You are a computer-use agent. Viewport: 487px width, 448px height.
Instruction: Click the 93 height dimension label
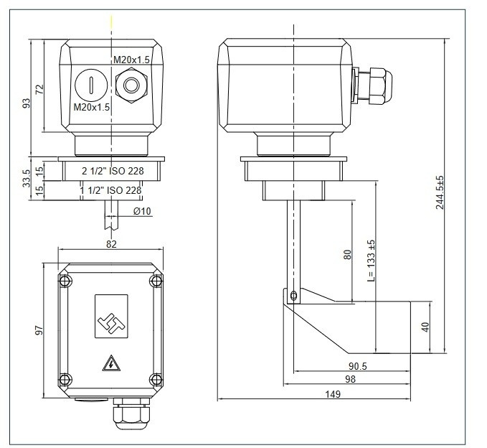[27, 103]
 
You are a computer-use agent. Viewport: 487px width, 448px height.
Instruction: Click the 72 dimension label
[40, 89]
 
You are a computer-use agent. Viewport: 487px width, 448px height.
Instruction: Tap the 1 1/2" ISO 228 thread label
[110, 190]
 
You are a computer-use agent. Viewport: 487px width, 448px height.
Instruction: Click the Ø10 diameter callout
[142, 210]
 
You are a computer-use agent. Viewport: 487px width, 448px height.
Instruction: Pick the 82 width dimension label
[111, 244]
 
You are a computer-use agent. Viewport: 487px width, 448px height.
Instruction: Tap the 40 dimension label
[426, 327]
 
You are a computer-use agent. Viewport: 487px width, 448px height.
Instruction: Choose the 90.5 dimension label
[359, 366]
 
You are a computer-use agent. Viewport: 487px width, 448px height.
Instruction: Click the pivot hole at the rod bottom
[293, 294]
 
